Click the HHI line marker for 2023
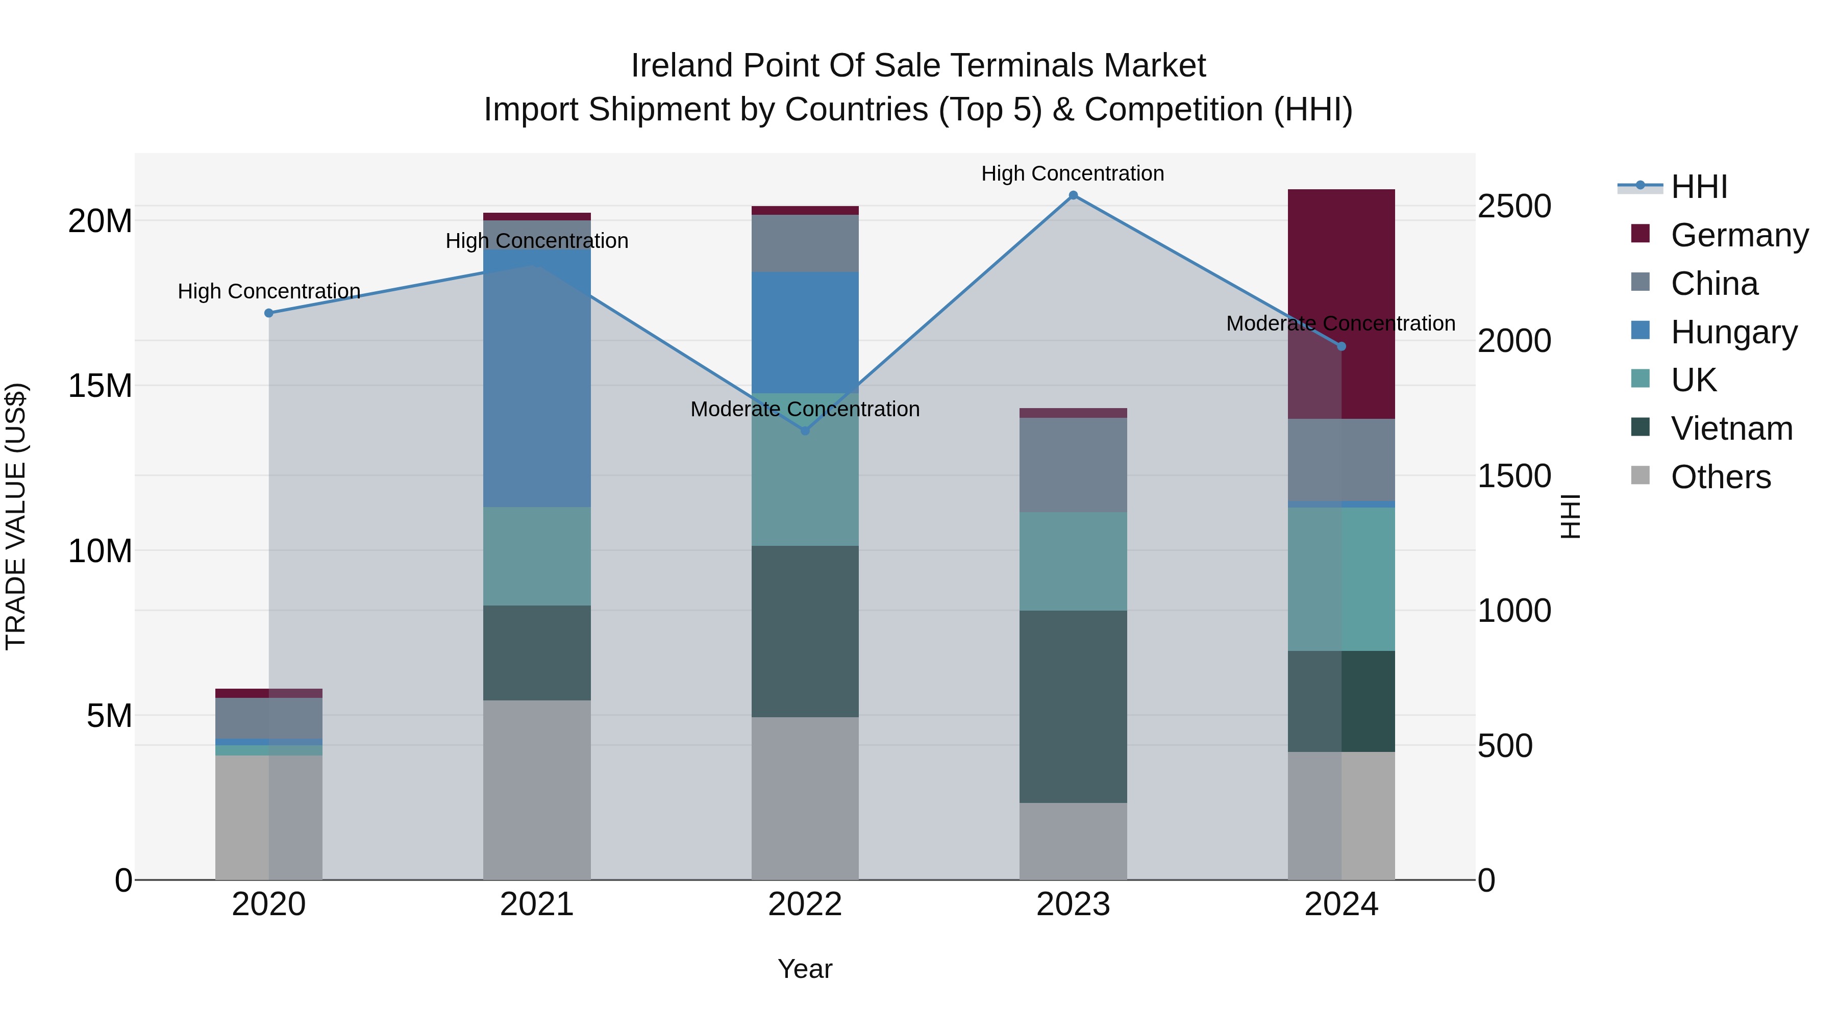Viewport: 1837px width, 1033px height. [1073, 195]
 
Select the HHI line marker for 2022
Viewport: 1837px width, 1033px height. [805, 431]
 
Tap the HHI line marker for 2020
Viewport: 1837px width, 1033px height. [269, 313]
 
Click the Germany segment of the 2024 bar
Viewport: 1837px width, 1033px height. [1340, 304]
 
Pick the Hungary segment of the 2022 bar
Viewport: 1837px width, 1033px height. [805, 332]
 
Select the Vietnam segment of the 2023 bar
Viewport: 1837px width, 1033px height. [1073, 707]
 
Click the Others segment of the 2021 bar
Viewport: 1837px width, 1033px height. [537, 790]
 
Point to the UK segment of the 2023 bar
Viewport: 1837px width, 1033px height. [1073, 561]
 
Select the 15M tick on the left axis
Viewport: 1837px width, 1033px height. [100, 386]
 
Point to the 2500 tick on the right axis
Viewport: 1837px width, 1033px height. [1513, 206]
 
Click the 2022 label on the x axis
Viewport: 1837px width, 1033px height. [805, 904]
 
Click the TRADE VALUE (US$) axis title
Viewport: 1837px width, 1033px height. [16, 516]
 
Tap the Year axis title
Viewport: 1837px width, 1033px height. [805, 969]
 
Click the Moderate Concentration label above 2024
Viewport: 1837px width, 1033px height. [1340, 323]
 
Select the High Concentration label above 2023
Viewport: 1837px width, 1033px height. [1073, 173]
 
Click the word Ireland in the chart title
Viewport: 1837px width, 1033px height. [682, 66]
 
